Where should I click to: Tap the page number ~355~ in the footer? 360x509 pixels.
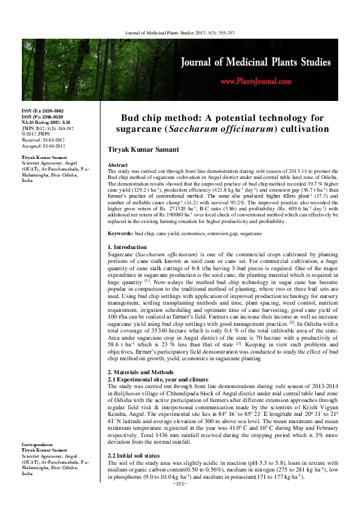(x=180, y=484)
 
